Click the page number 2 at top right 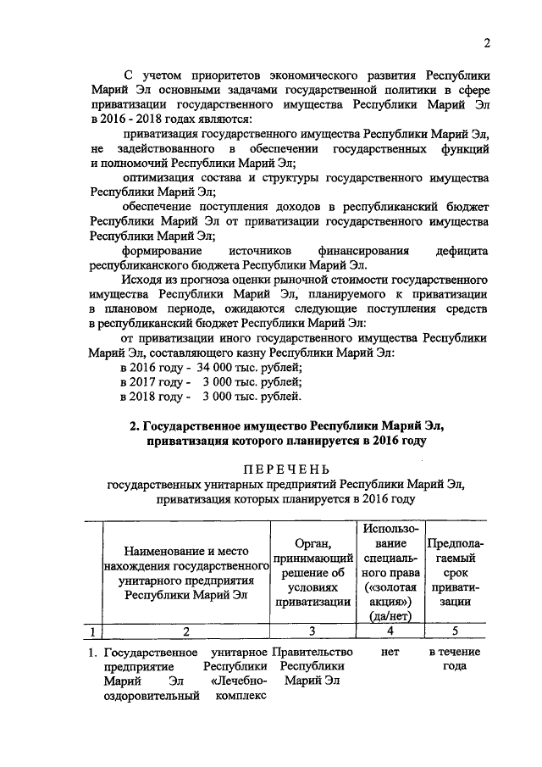click(487, 43)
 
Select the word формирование click(163, 251)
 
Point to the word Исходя click(141, 280)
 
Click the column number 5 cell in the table click(455, 631)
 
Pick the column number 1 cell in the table click(89, 631)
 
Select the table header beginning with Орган click(312, 571)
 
